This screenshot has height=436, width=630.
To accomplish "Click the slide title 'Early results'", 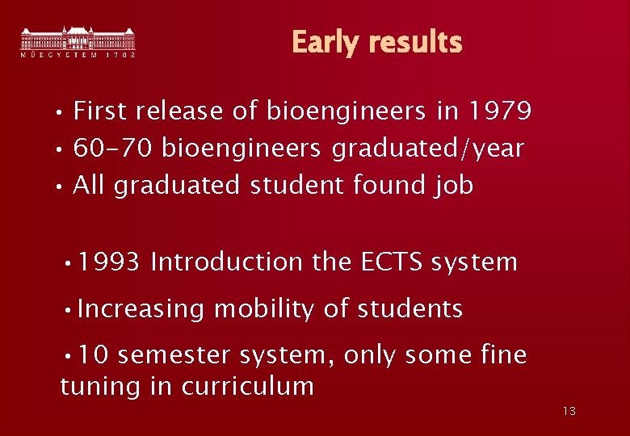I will pyautogui.click(x=376, y=42).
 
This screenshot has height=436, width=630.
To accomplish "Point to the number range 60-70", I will pyautogui.click(x=114, y=149).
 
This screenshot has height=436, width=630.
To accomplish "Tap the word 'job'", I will pyautogui.click(x=453, y=186).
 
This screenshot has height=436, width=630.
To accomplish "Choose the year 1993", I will pyautogui.click(x=110, y=262).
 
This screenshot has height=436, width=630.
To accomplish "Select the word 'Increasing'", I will pyautogui.click(x=141, y=309).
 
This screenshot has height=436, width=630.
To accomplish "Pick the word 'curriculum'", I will pyautogui.click(x=247, y=386).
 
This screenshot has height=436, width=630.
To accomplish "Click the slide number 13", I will pyautogui.click(x=569, y=412).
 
